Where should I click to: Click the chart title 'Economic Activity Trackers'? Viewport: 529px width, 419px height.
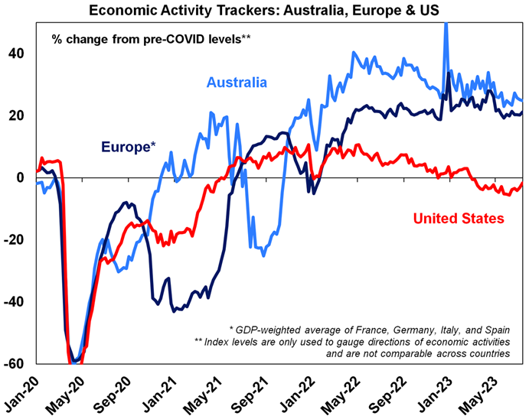pos(264,10)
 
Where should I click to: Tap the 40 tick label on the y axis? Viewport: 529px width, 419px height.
pos(16,54)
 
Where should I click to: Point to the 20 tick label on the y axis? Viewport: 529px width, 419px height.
pos(16,116)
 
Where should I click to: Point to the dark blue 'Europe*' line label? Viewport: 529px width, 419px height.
pos(129,146)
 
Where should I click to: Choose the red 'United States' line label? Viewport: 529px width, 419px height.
pos(459,219)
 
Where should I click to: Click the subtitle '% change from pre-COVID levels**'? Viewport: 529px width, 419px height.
pos(151,37)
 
